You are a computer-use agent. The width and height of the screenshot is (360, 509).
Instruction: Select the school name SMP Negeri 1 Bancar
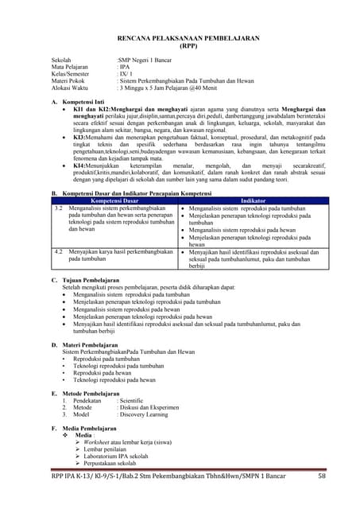146,60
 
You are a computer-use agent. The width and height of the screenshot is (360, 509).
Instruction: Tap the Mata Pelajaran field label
71,68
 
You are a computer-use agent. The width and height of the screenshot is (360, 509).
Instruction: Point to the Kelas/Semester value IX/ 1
124,75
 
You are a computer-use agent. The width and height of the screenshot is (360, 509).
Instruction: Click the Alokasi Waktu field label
69,89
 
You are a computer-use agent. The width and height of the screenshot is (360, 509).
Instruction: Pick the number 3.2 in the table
58,208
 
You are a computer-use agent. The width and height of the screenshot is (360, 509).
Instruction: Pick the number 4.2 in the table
58,251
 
